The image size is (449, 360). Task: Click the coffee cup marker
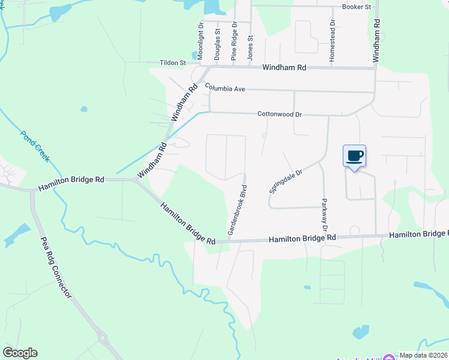click(x=354, y=156)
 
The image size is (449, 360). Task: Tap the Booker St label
click(x=357, y=7)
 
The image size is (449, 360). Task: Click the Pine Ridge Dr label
click(x=234, y=41)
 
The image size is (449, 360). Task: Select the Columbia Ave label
click(x=225, y=88)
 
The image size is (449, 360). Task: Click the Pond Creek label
click(x=35, y=146)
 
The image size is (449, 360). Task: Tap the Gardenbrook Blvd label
click(x=237, y=205)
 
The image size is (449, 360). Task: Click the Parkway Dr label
click(x=324, y=215)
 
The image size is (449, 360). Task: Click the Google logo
click(x=20, y=353)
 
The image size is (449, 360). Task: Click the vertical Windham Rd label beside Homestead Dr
click(x=376, y=41)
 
